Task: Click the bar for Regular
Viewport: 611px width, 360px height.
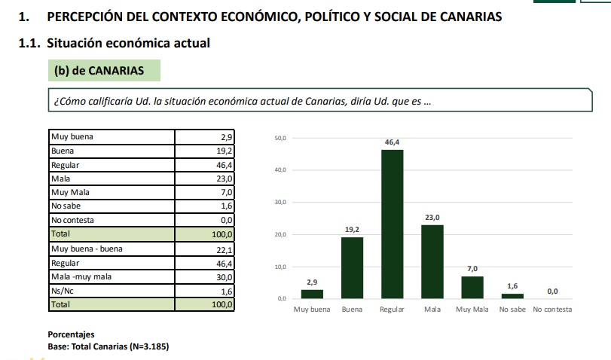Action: (392, 224)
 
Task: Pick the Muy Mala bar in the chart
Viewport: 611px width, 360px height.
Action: (472, 287)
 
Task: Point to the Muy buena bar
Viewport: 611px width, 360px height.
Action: (312, 294)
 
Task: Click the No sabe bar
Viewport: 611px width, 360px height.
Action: (512, 296)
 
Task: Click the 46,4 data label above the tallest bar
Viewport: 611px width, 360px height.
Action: (392, 142)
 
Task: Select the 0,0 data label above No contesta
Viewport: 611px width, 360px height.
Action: (552, 291)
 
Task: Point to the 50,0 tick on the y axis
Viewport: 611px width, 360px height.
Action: (280, 139)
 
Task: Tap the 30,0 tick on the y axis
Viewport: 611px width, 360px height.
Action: (280, 203)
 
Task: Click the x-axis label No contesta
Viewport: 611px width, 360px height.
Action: (552, 310)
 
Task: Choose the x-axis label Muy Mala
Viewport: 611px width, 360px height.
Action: (472, 310)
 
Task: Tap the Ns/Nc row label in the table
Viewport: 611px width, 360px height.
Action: (60, 291)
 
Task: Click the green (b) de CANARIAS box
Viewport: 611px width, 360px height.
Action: (104, 70)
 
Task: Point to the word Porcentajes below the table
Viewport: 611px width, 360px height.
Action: (72, 334)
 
